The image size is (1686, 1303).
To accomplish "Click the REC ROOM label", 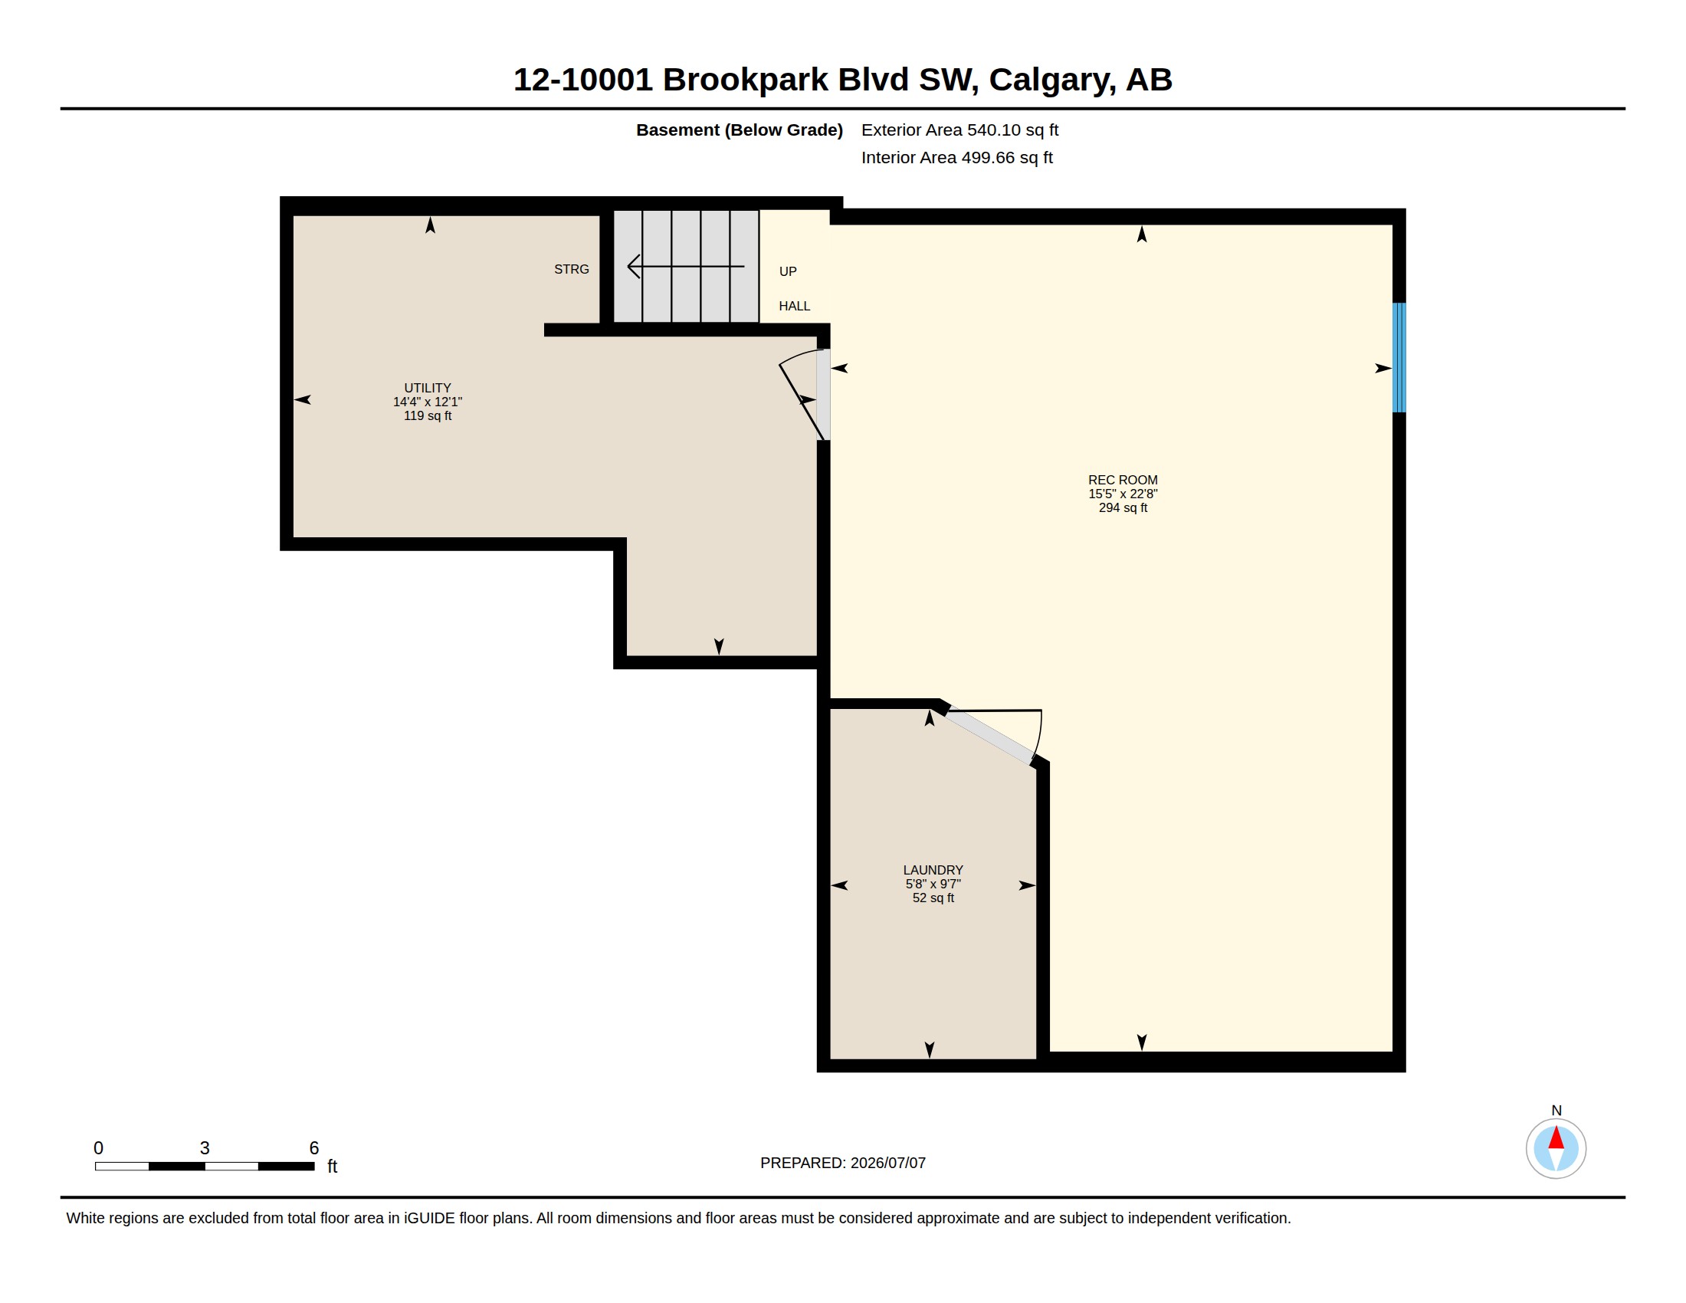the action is [1123, 480].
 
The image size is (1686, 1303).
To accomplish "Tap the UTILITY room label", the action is [428, 389].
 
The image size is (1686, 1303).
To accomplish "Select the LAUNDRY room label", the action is [933, 870].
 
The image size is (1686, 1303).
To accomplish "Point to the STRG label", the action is [571, 269].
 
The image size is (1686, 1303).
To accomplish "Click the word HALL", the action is [795, 307].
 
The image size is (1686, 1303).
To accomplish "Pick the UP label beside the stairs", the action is [787, 272].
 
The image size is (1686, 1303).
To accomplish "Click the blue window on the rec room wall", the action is [1399, 357].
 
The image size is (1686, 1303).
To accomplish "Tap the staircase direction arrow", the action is [686, 266].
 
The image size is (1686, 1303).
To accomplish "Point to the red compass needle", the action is [1556, 1137].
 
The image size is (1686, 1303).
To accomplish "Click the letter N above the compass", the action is [1556, 1111].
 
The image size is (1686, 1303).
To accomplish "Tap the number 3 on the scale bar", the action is [205, 1148].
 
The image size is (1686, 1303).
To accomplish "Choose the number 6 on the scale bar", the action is [314, 1148].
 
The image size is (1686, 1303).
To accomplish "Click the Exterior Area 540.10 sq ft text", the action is [959, 130].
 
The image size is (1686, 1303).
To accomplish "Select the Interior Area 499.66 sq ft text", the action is [956, 158].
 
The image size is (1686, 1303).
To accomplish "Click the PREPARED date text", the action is [843, 1163].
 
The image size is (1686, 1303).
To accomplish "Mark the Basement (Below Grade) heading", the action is [739, 130].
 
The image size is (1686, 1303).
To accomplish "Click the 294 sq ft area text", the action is [1123, 508].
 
